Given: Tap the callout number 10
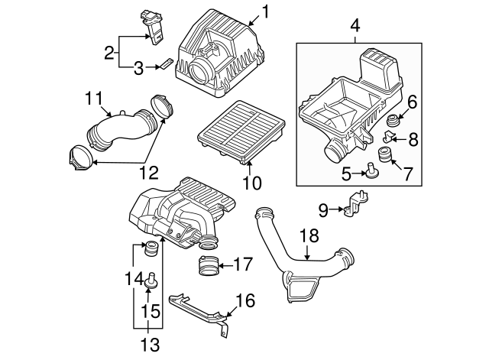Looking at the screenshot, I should [x=252, y=183].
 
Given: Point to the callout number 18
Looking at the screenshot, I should [x=307, y=237].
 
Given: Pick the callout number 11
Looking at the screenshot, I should [x=93, y=98].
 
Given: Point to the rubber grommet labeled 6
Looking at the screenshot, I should [x=395, y=122].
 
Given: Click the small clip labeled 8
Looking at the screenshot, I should [x=389, y=137].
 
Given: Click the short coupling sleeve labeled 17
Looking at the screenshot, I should [x=206, y=268].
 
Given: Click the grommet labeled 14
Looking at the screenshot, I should [x=151, y=248].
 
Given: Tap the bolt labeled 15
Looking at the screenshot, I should [x=151, y=279].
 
